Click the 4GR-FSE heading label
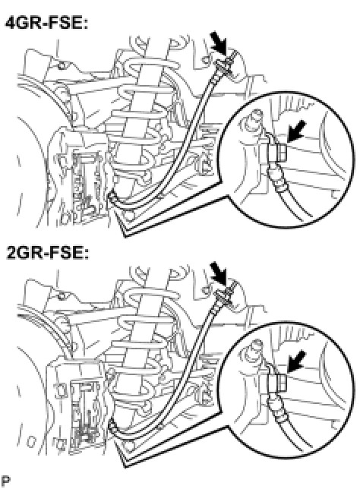(46, 23)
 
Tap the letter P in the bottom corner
(5, 481)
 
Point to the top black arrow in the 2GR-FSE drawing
(219, 273)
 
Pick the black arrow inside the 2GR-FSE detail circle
(296, 361)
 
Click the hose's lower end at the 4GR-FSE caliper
(112, 197)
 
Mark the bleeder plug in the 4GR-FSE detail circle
(253, 118)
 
